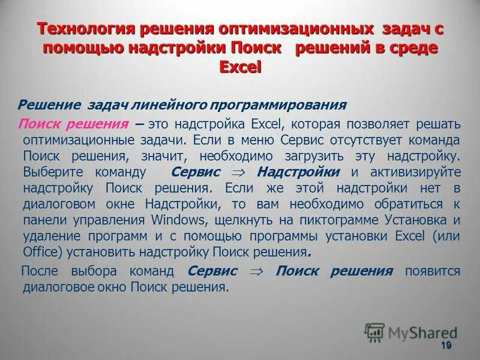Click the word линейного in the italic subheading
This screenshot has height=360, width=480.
point(159,105)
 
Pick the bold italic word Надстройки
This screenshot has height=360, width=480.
point(298,172)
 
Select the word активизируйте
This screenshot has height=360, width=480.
point(415,172)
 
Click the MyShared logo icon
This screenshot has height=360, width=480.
point(374,332)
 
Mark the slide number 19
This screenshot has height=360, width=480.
point(445,346)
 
